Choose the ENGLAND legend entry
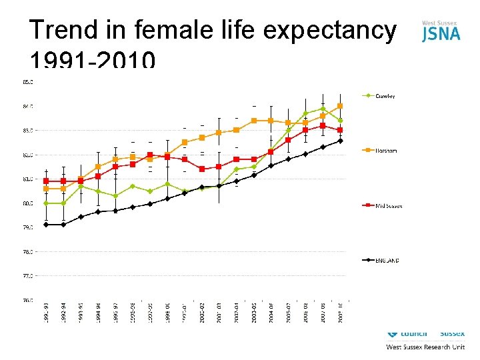(386, 260)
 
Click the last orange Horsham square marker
(340, 106)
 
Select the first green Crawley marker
(46, 203)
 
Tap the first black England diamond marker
(46, 225)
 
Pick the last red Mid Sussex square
(340, 130)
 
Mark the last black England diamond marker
(340, 141)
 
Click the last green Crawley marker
(340, 121)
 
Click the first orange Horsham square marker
(46, 189)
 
